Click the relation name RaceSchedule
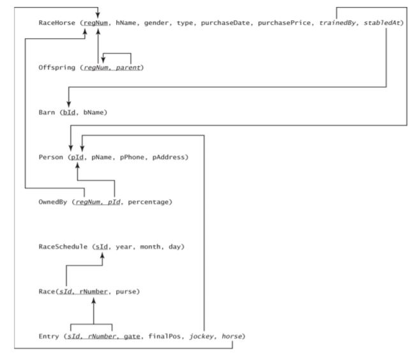coord(64,246)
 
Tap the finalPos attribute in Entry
coord(158,336)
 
